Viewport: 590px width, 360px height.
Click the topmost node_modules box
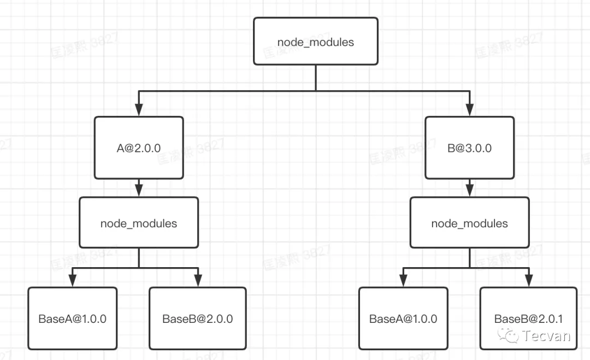[x=316, y=42]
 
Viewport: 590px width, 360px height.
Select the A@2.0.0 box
[x=138, y=147]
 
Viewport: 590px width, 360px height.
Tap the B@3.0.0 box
[x=469, y=147]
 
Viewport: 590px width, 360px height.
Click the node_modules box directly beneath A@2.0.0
[x=139, y=223]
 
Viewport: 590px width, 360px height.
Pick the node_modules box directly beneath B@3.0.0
[x=469, y=223]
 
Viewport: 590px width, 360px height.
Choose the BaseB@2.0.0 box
[x=197, y=318]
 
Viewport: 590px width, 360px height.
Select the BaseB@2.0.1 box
[x=528, y=318]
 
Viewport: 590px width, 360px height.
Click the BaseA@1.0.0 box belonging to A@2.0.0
[x=72, y=318]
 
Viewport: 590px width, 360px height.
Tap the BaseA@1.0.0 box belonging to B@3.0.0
[x=403, y=318]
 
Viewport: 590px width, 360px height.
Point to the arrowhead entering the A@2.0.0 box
[x=138, y=110]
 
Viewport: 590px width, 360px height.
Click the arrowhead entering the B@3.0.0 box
[x=469, y=110]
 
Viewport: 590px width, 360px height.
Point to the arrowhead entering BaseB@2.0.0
[x=198, y=281]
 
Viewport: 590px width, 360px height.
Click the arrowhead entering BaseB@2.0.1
[x=528, y=281]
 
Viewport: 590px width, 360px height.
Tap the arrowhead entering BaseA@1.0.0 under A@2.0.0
[x=72, y=281]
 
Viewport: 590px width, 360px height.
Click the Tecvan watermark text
[x=546, y=335]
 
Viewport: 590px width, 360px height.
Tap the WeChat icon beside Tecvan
[x=512, y=335]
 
